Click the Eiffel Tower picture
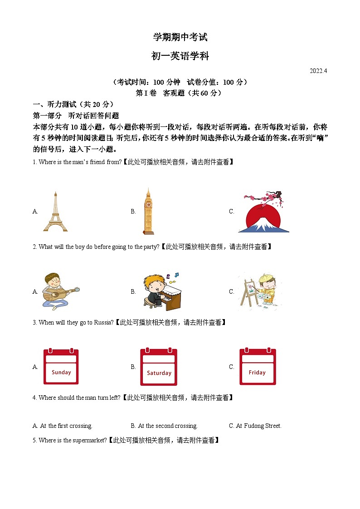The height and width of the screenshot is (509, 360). (55, 211)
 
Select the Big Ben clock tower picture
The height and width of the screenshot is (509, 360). (147, 211)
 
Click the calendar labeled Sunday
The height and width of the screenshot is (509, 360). (61, 367)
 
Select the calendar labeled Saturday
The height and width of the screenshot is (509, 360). (159, 367)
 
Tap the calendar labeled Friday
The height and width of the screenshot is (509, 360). (258, 367)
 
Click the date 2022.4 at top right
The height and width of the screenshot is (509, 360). (318, 71)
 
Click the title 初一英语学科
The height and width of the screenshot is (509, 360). (180, 56)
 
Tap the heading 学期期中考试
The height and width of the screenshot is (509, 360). (180, 37)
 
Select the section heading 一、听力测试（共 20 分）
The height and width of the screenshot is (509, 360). (73, 104)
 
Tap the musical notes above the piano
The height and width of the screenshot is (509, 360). (172, 275)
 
